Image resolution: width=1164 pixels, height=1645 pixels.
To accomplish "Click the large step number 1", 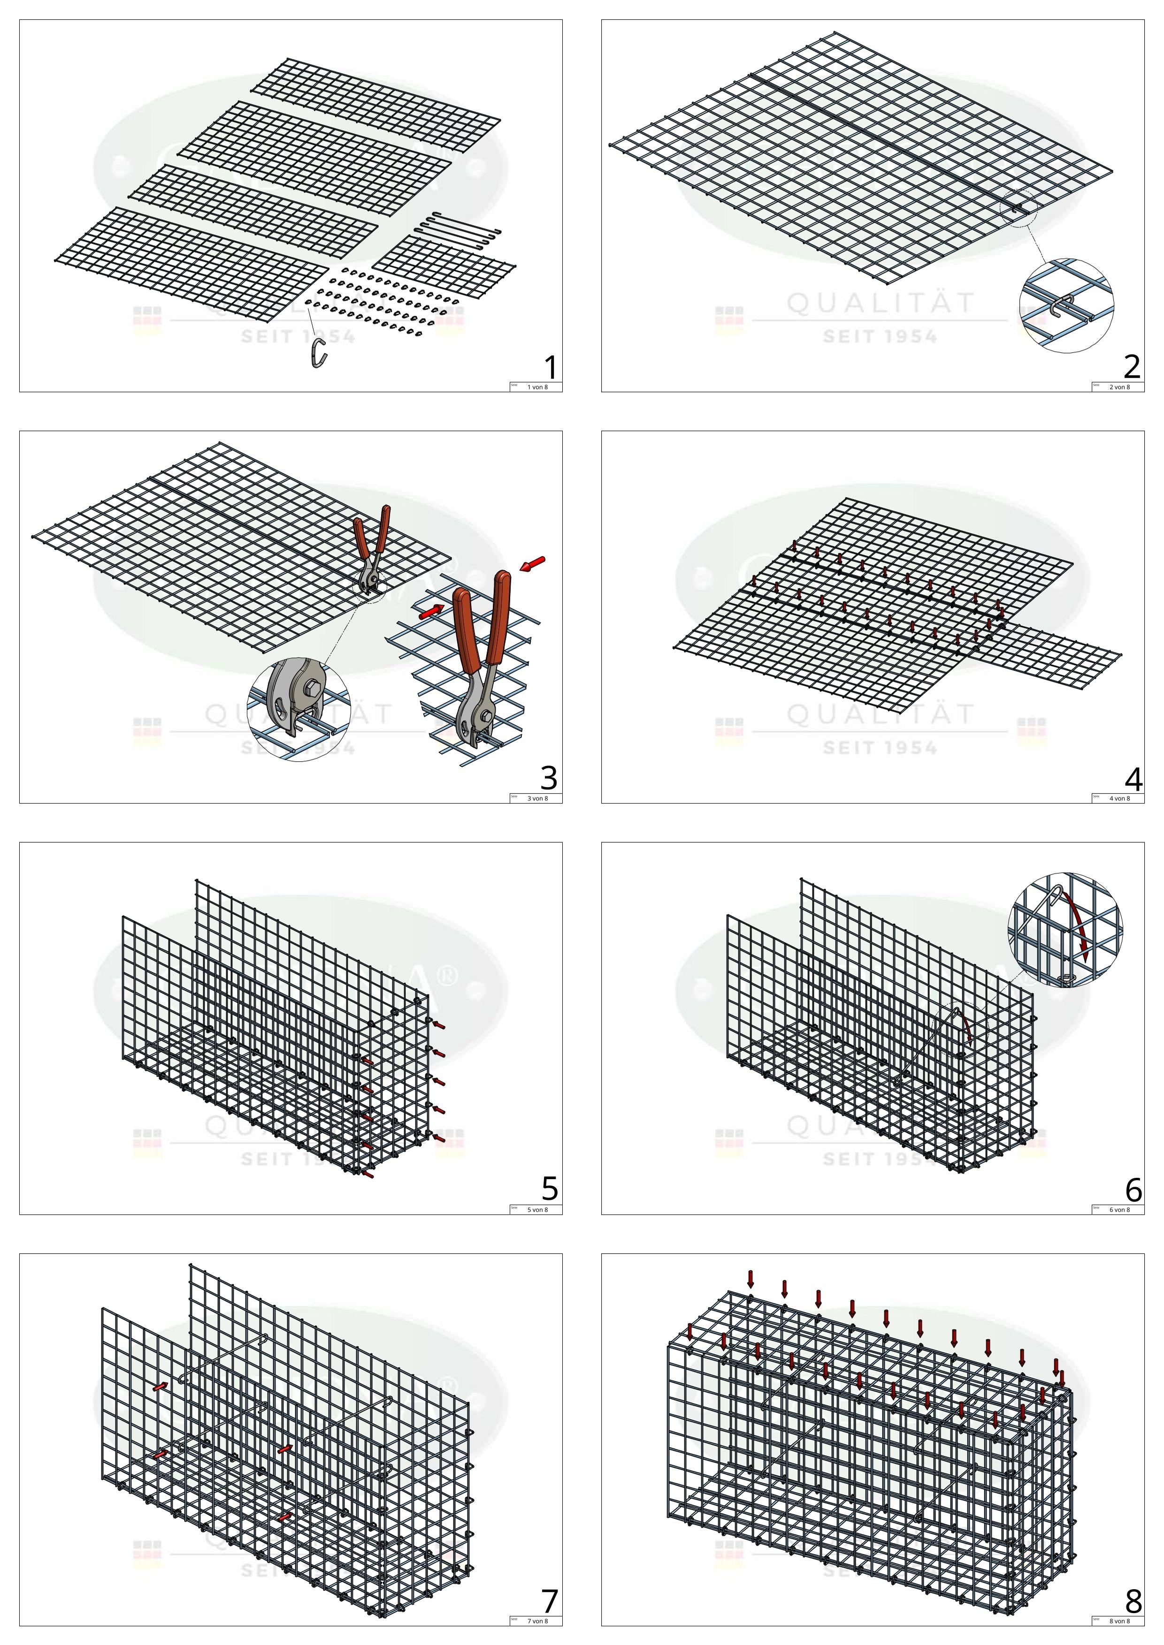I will coord(550,368).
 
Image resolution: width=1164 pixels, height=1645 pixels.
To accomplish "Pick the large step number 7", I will coord(549,1600).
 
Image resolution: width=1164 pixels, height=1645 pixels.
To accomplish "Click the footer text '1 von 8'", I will coord(537,387).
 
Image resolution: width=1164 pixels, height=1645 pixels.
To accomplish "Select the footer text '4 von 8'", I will coord(1119,799).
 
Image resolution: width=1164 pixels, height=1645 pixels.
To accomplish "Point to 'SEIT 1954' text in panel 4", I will coord(880,748).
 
